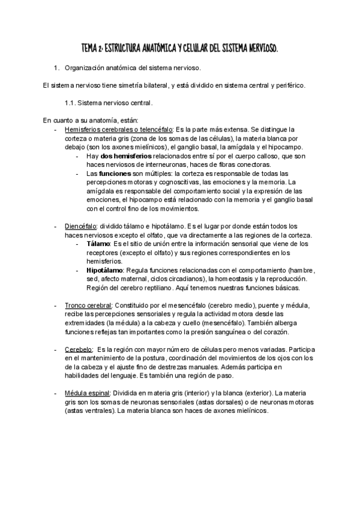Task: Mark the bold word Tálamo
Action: pos(98,244)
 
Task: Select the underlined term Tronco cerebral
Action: pos(88,306)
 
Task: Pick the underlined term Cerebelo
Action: pos(78,349)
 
